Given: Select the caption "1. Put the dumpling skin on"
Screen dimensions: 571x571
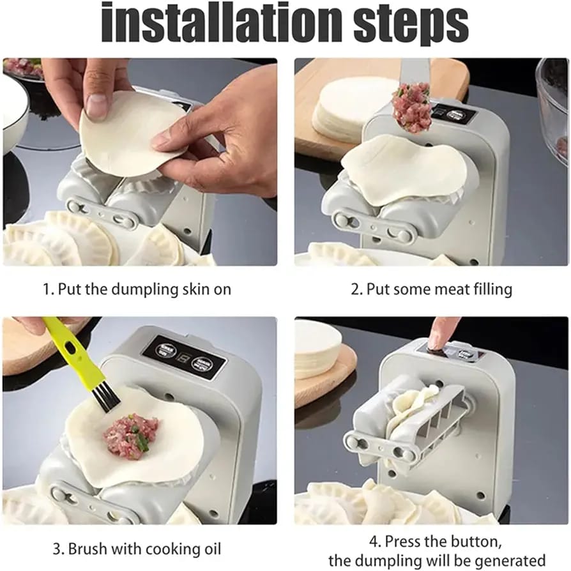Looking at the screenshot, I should (137, 289).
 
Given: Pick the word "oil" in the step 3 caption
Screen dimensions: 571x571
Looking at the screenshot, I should (211, 548).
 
